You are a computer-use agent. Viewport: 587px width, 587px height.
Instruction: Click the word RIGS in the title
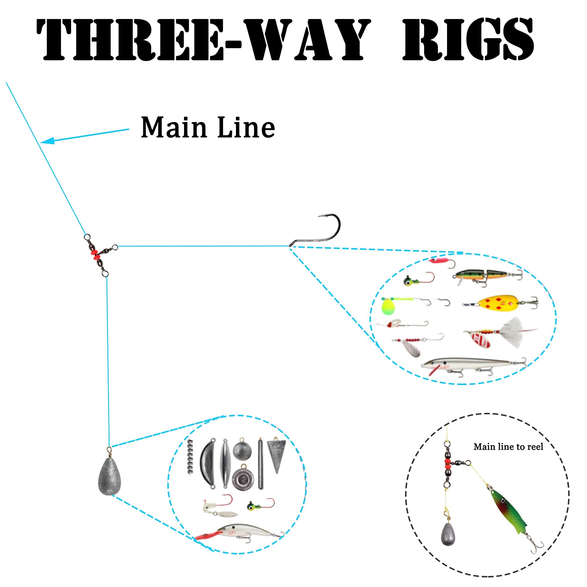(468, 39)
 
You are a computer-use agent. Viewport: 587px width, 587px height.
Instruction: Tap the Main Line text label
(208, 127)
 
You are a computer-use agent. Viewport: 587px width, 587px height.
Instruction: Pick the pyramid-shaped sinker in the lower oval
(276, 456)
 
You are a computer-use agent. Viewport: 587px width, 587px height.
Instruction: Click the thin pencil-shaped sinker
(260, 463)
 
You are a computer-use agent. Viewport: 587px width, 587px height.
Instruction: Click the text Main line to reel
(508, 447)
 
